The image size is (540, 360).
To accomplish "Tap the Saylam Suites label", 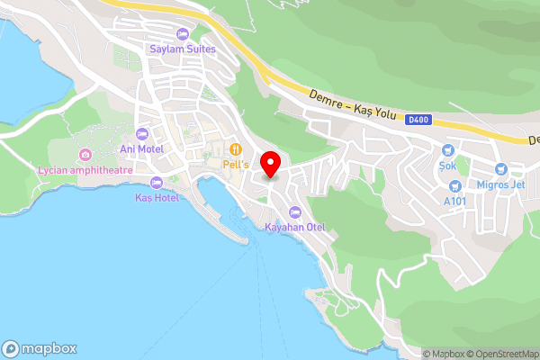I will tap(183, 49).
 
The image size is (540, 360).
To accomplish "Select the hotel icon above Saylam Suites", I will tap(183, 34).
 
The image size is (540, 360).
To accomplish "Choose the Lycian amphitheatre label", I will tap(85, 170).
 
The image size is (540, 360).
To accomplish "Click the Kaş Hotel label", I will tap(156, 197).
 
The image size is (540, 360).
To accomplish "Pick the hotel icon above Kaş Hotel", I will tap(156, 183).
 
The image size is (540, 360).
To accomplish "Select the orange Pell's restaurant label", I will tap(235, 164).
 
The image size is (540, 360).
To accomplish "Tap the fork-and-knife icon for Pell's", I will tap(235, 149).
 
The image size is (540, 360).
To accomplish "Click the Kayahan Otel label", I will tap(294, 227).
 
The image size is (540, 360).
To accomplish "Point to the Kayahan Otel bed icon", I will tap(294, 212).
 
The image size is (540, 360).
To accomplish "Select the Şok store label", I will tap(447, 166).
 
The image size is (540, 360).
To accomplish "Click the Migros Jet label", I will tap(499, 184).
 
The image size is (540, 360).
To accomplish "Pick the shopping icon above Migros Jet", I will tap(500, 169).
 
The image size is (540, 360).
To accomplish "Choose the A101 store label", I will tap(457, 201).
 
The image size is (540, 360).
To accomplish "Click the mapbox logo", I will tap(40, 348).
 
